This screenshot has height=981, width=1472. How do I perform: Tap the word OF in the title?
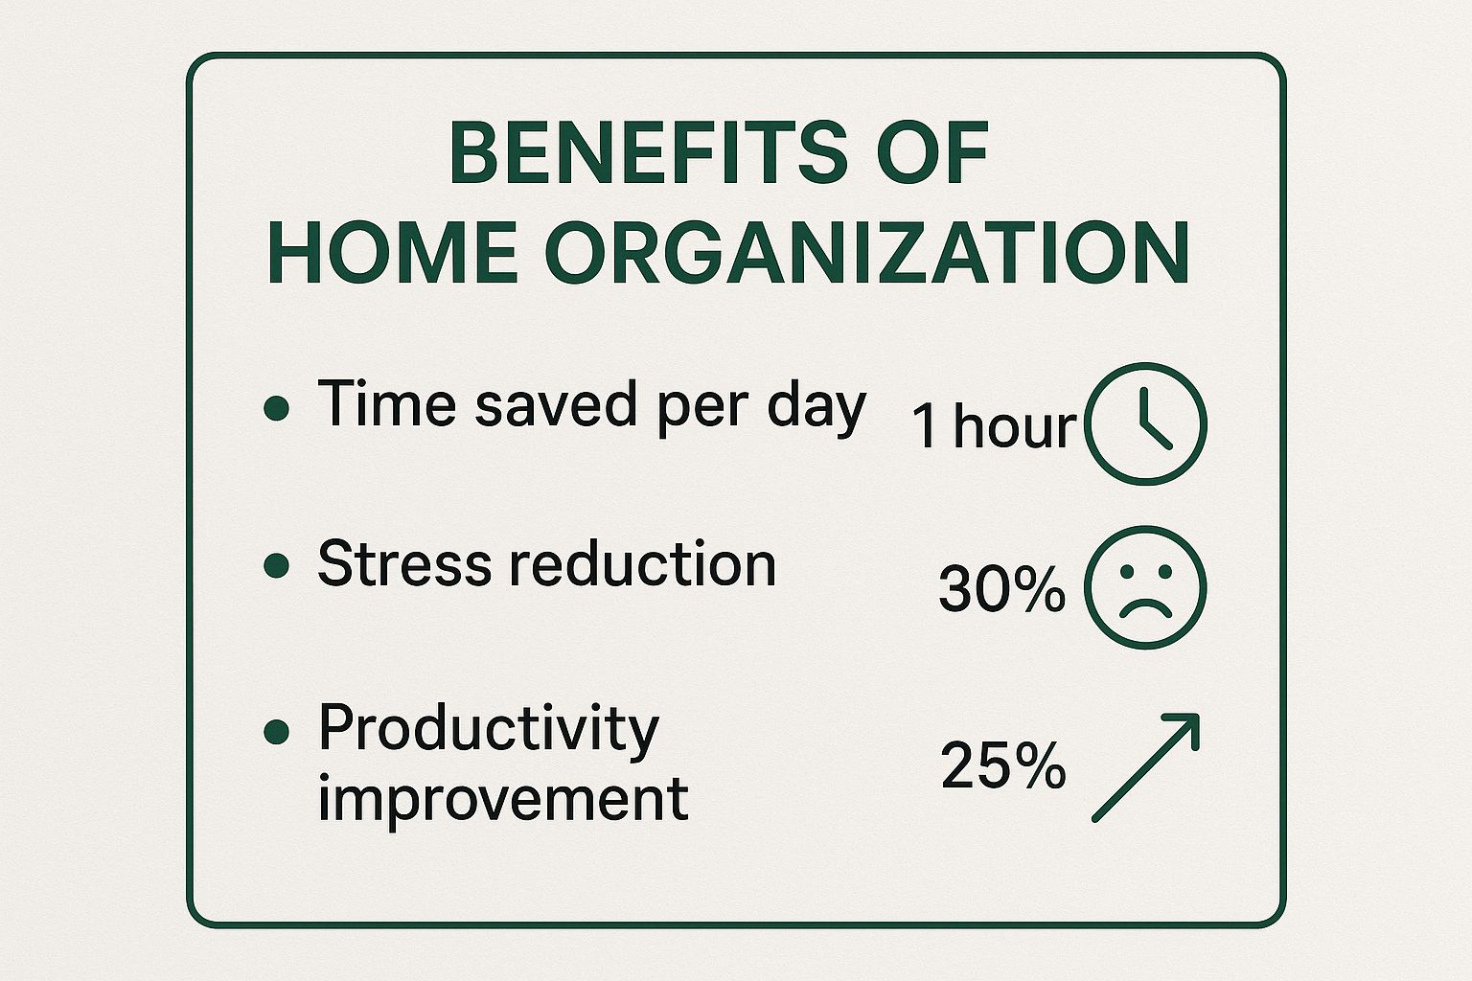(933, 152)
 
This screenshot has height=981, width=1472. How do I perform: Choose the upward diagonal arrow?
(1145, 767)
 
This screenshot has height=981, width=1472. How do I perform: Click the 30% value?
(1002, 589)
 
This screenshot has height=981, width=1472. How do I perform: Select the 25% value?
(1002, 764)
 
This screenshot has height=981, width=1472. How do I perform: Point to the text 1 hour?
(994, 425)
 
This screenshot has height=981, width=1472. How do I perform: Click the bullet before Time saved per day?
(277, 407)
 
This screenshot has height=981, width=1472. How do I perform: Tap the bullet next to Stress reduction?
(277, 565)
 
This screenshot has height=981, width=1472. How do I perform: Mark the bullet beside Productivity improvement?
(277, 731)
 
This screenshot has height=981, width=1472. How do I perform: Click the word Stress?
(404, 562)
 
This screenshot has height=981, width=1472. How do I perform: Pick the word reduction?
(643, 562)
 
